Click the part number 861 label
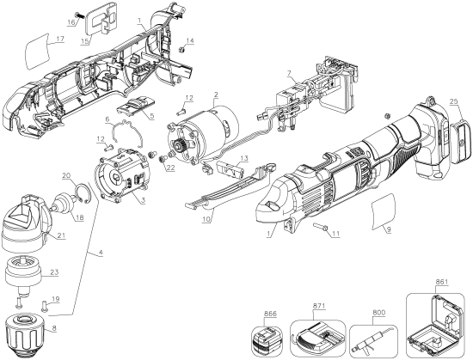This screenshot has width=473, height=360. point(442,282)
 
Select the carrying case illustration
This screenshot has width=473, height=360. point(435,326)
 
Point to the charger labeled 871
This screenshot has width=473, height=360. point(316,337)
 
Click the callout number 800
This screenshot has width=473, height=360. point(379,313)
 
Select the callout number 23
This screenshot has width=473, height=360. point(54,272)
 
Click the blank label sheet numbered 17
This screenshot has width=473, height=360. point(37,51)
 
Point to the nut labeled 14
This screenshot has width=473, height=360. point(181,48)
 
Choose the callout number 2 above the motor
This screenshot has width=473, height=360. point(216,94)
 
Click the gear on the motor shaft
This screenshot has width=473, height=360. point(181,147)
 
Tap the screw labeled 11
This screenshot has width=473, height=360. point(319,226)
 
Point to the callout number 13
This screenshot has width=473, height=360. point(244,158)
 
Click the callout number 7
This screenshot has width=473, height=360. point(289,74)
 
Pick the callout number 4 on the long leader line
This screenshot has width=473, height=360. point(101,252)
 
